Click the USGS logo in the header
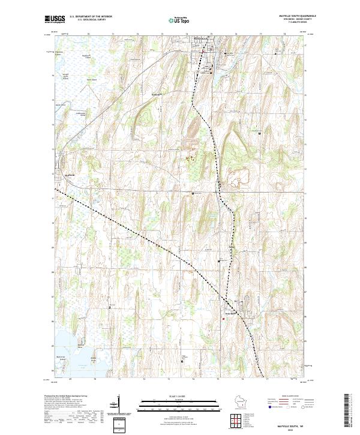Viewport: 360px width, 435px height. [55, 19]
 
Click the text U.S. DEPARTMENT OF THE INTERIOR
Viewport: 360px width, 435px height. [91, 17]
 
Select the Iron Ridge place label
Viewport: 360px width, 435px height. [232, 313]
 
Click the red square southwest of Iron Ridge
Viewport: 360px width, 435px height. [223, 319]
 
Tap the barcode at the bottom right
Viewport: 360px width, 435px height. [347, 409]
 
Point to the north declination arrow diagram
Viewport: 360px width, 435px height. [119, 408]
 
